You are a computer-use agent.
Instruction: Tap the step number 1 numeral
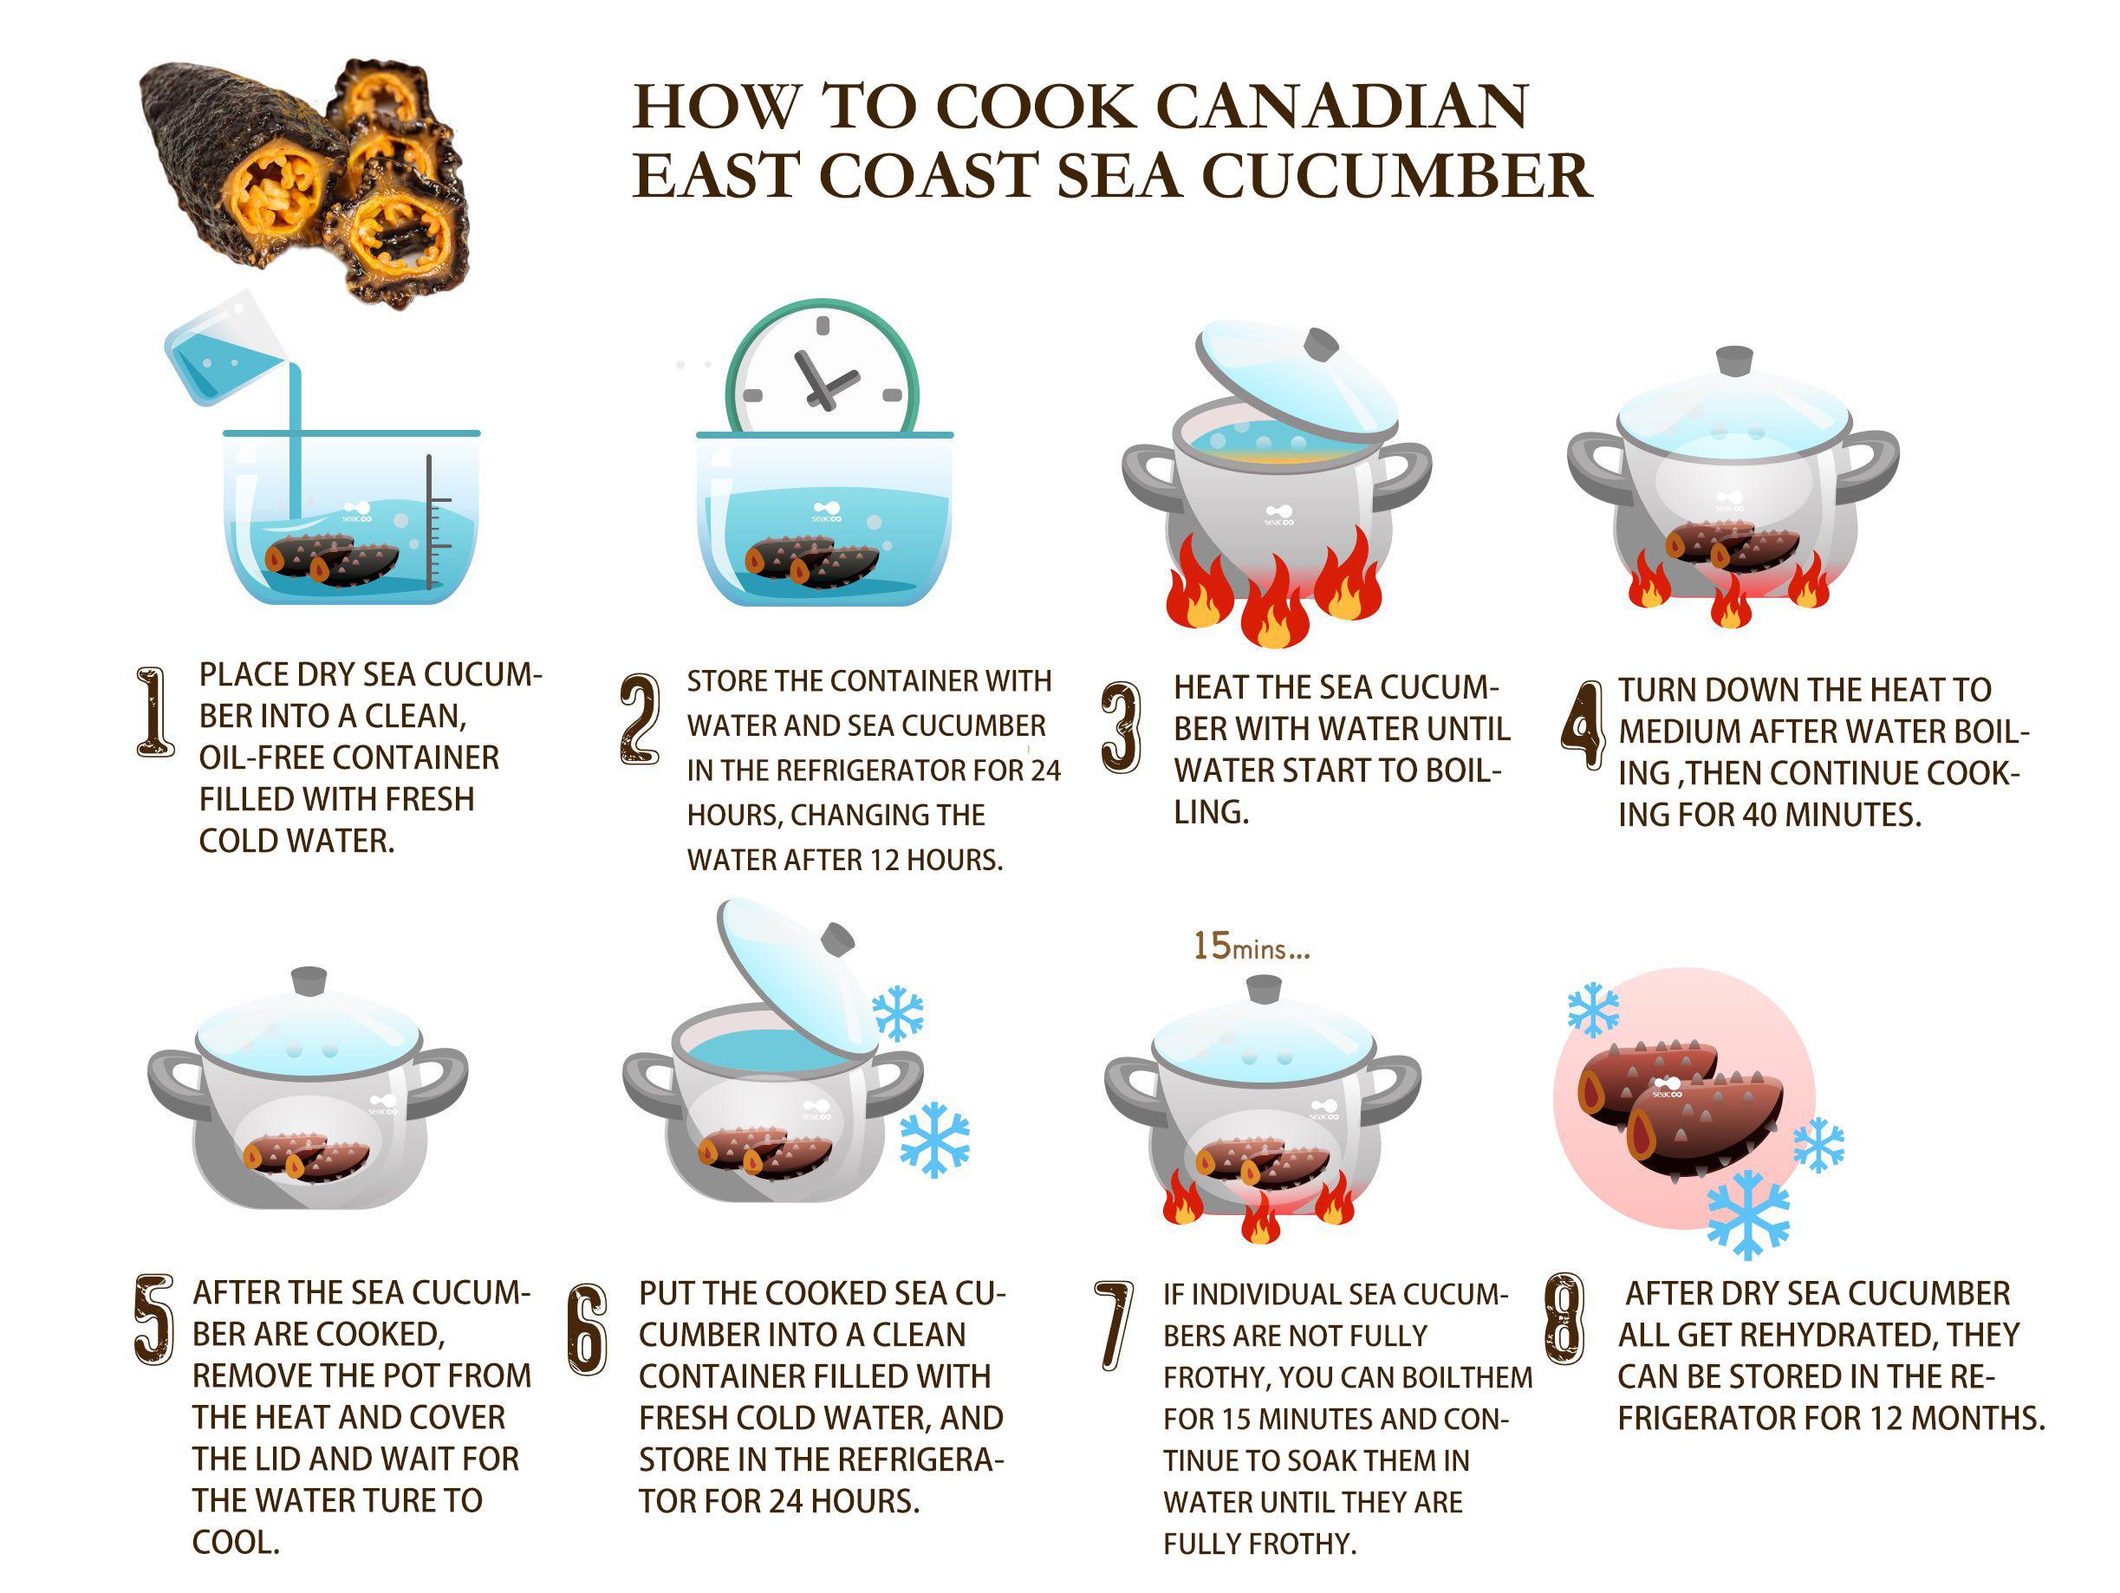coord(154,712)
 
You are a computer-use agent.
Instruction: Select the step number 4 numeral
coord(1583,724)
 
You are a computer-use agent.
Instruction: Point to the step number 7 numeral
coord(1114,1325)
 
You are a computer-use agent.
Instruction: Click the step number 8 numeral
coord(1565,1319)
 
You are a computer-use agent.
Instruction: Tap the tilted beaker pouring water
coord(224,347)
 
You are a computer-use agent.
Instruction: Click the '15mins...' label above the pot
coord(1251,946)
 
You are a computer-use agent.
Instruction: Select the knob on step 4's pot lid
coord(1733,361)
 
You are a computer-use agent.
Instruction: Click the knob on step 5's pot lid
coord(309,981)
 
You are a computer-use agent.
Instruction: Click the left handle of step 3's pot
coord(1150,477)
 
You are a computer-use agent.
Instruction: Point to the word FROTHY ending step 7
coord(1305,1544)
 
